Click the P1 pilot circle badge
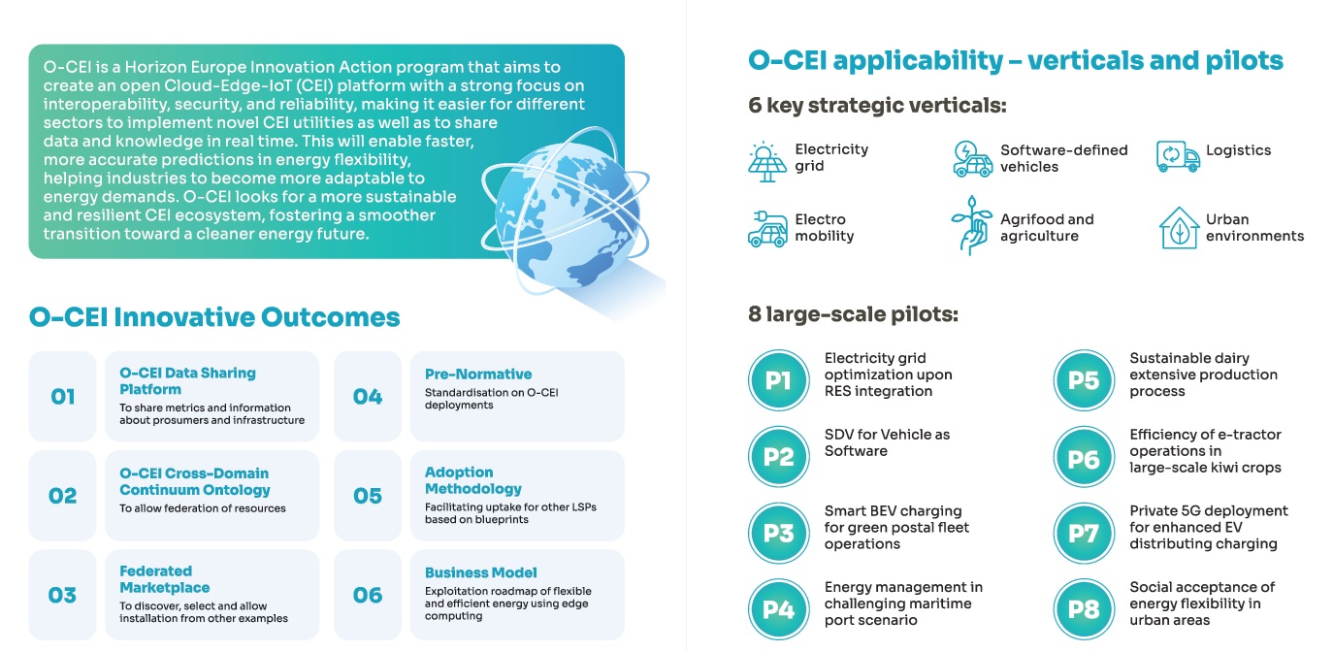pos(778,379)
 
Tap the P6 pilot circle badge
pos(1084,456)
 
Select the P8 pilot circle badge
pos(1084,609)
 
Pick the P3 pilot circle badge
pos(778,533)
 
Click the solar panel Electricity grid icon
pos(766,161)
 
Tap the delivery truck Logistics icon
pos(1178,156)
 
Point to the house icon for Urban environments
pos(1179,227)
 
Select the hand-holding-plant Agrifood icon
pos(971,225)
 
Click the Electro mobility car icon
pos(767,229)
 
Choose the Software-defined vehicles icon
pos(972,159)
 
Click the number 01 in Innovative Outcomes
pos(62,396)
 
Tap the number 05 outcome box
pos(367,496)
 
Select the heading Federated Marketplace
pos(164,579)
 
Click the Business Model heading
pos(481,572)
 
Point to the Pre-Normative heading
pos(478,374)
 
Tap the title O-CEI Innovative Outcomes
pos(214,317)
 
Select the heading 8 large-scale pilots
pos(853,314)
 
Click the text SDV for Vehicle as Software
pos(887,442)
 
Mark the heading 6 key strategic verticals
pos(877,106)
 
